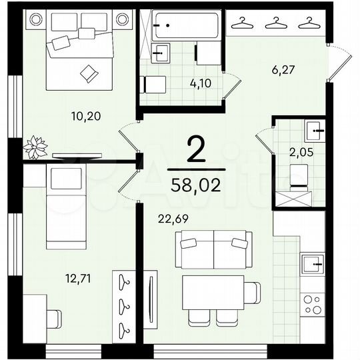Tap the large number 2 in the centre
(x=195, y=151)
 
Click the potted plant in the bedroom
(x=34, y=147)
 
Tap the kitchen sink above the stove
(x=312, y=265)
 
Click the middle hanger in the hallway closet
(x=272, y=24)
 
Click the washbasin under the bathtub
(x=161, y=53)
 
